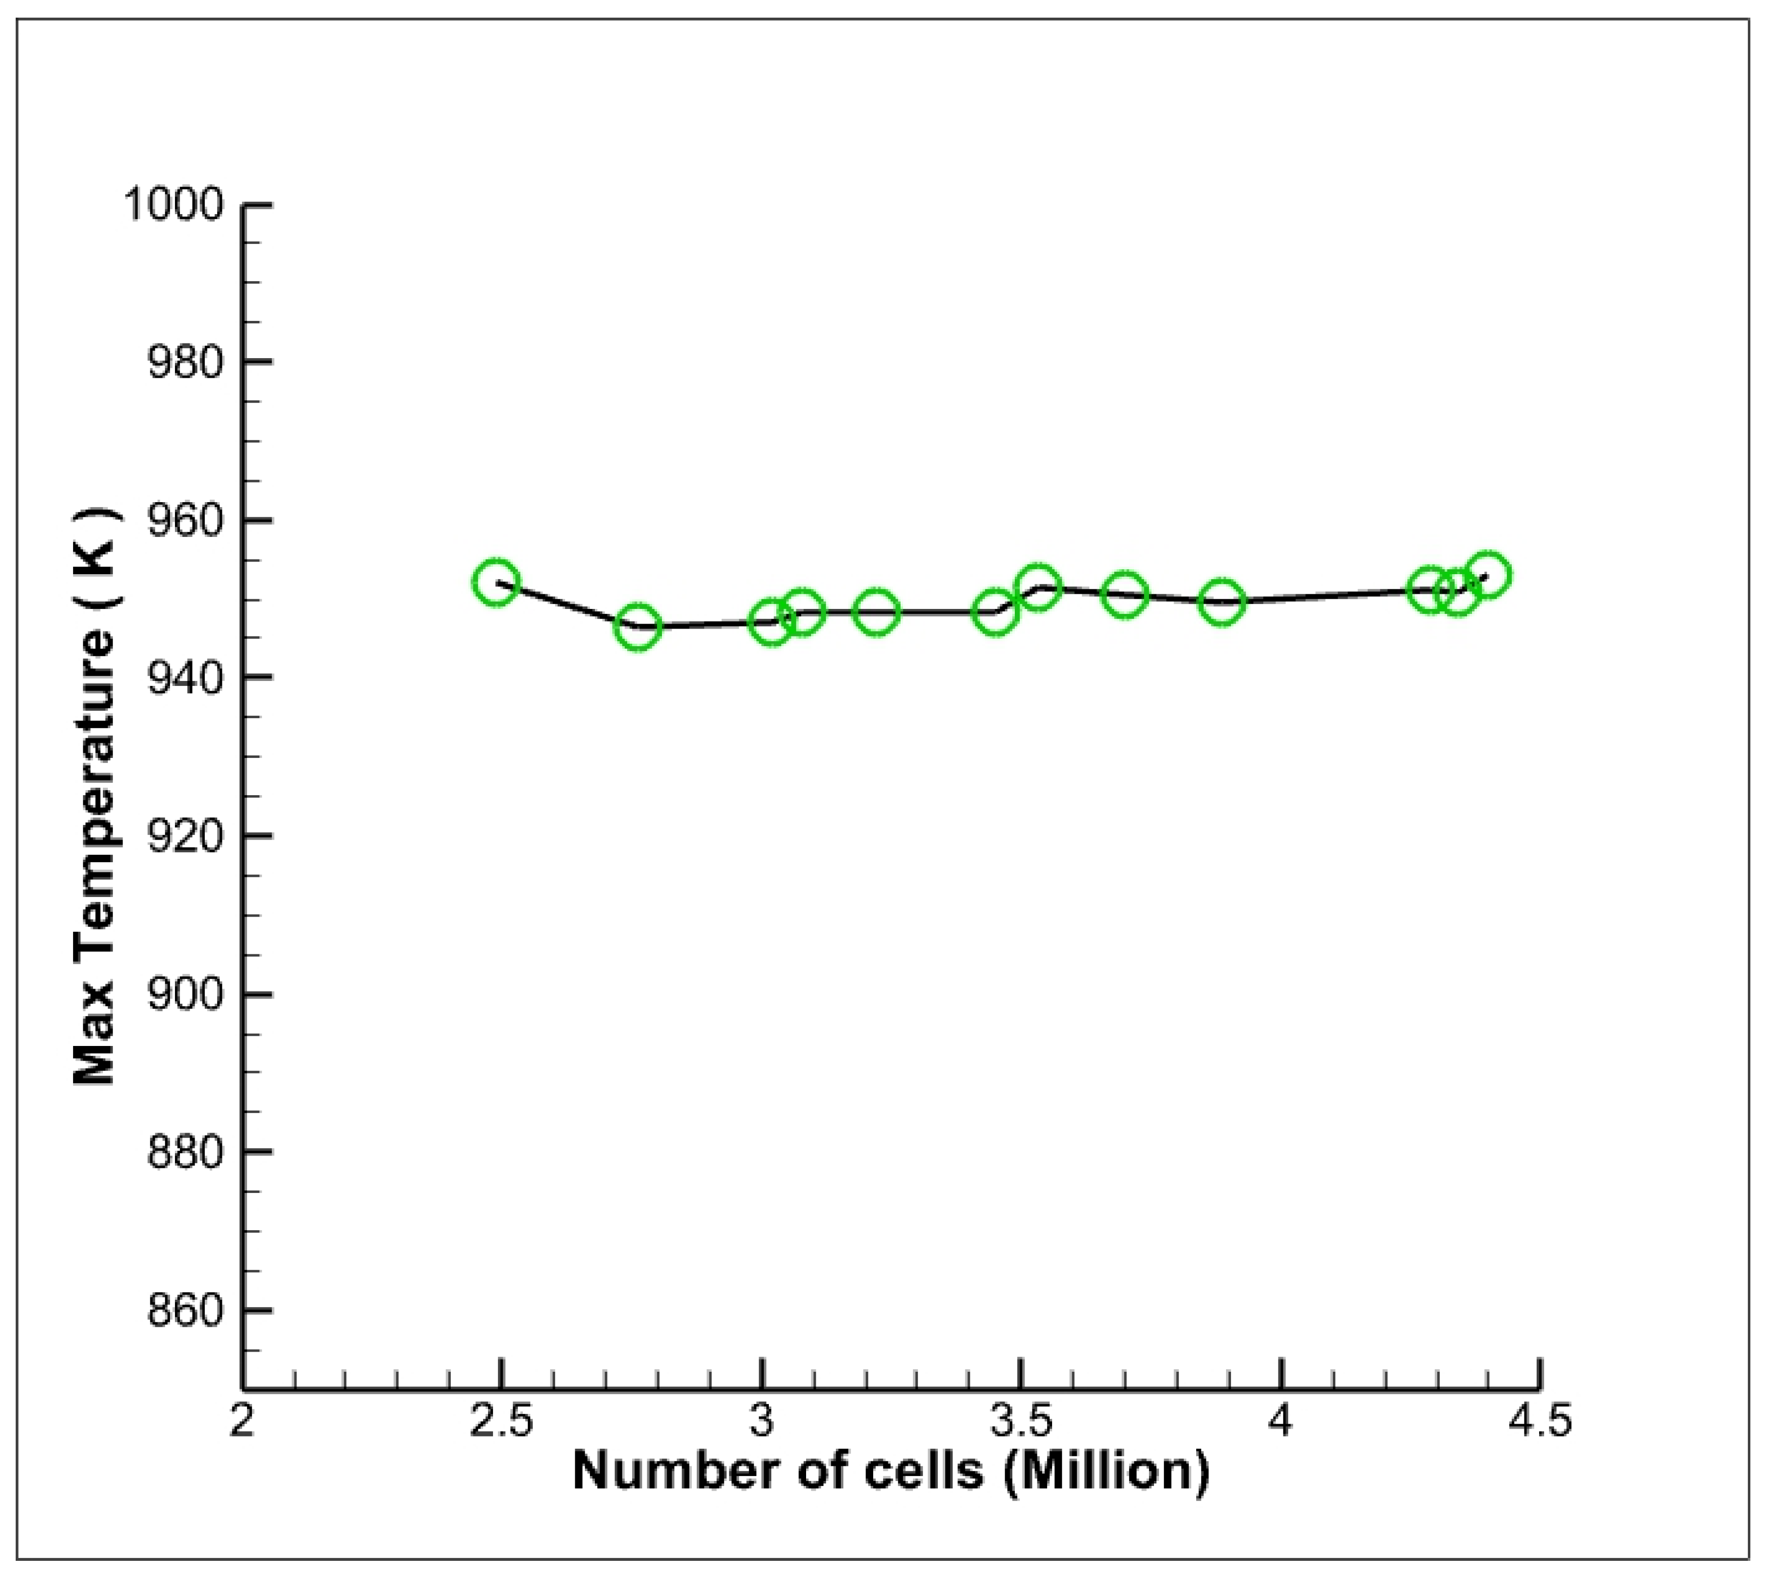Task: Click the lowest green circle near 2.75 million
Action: (638, 627)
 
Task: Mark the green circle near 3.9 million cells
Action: (1222, 602)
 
